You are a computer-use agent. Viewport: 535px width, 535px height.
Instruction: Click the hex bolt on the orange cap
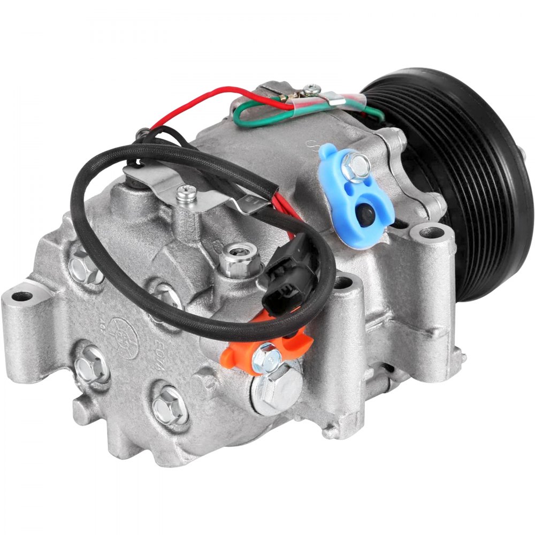click(x=266, y=354)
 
